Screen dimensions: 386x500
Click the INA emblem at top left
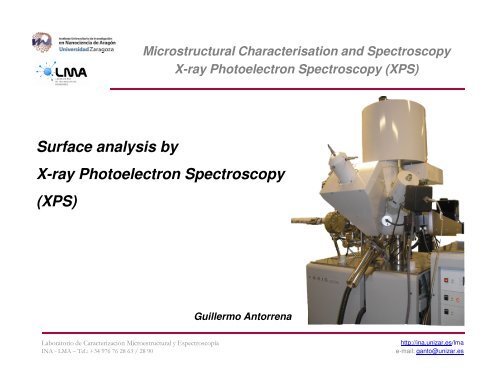[x=41, y=41]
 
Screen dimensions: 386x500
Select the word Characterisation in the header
[x=289, y=51]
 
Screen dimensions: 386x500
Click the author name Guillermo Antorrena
[x=246, y=317]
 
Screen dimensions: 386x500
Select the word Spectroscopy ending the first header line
[x=411, y=51]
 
